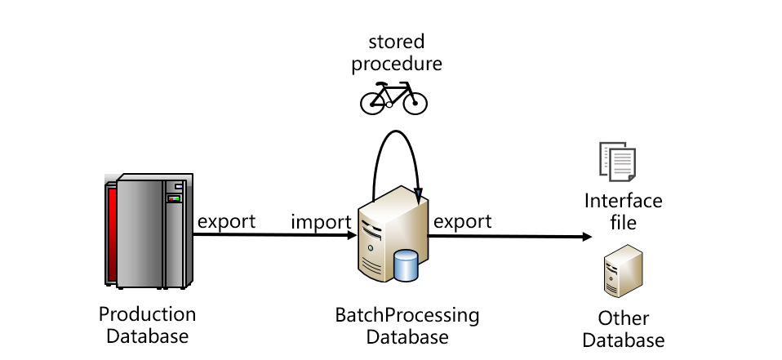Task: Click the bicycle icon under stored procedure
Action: pyautogui.click(x=393, y=99)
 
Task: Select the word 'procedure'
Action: pyautogui.click(x=397, y=64)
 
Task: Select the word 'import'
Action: pyautogui.click(x=322, y=221)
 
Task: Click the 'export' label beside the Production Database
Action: pyautogui.click(x=226, y=221)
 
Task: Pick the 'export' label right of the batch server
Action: pyautogui.click(x=462, y=221)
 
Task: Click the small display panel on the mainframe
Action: pyautogui.click(x=173, y=198)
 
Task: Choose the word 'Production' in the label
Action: pyautogui.click(x=148, y=314)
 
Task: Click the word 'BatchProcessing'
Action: pyautogui.click(x=407, y=315)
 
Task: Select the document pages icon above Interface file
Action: pyautogui.click(x=617, y=162)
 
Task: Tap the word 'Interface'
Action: pyautogui.click(x=624, y=201)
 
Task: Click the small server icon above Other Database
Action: pyautogui.click(x=622, y=274)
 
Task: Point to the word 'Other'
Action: pyautogui.click(x=624, y=318)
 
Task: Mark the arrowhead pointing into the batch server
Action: pyautogui.click(x=352, y=236)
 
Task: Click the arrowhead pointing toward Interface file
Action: pyautogui.click(x=587, y=237)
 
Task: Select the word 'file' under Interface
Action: pyautogui.click(x=624, y=222)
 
